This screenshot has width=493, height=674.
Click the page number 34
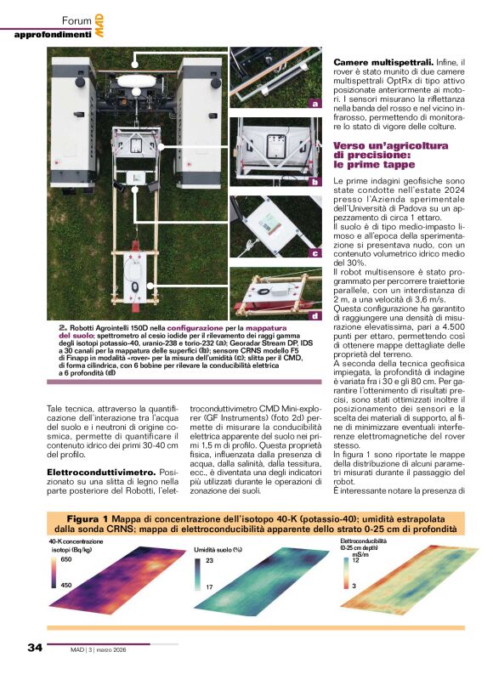(35, 647)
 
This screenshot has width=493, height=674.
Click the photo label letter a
(315, 104)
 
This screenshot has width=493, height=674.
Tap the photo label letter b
(315, 181)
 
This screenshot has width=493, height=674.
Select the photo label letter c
(315, 252)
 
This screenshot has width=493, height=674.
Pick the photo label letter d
(315, 316)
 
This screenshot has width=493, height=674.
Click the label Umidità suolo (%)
(220, 549)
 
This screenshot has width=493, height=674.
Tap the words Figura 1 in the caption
(89, 518)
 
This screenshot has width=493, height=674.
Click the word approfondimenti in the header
(52, 34)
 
